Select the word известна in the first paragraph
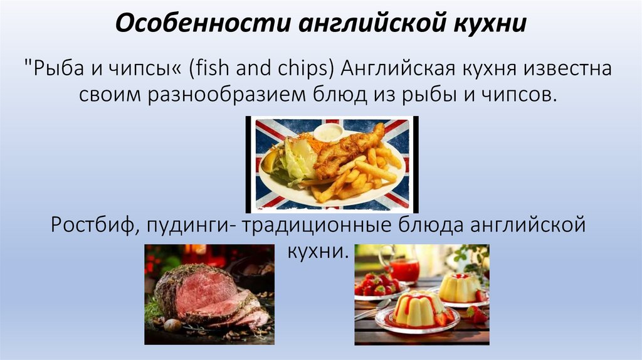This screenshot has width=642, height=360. click(x=564, y=68)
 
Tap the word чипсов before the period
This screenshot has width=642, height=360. click(x=516, y=95)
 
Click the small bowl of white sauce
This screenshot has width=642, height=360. click(x=328, y=132)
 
